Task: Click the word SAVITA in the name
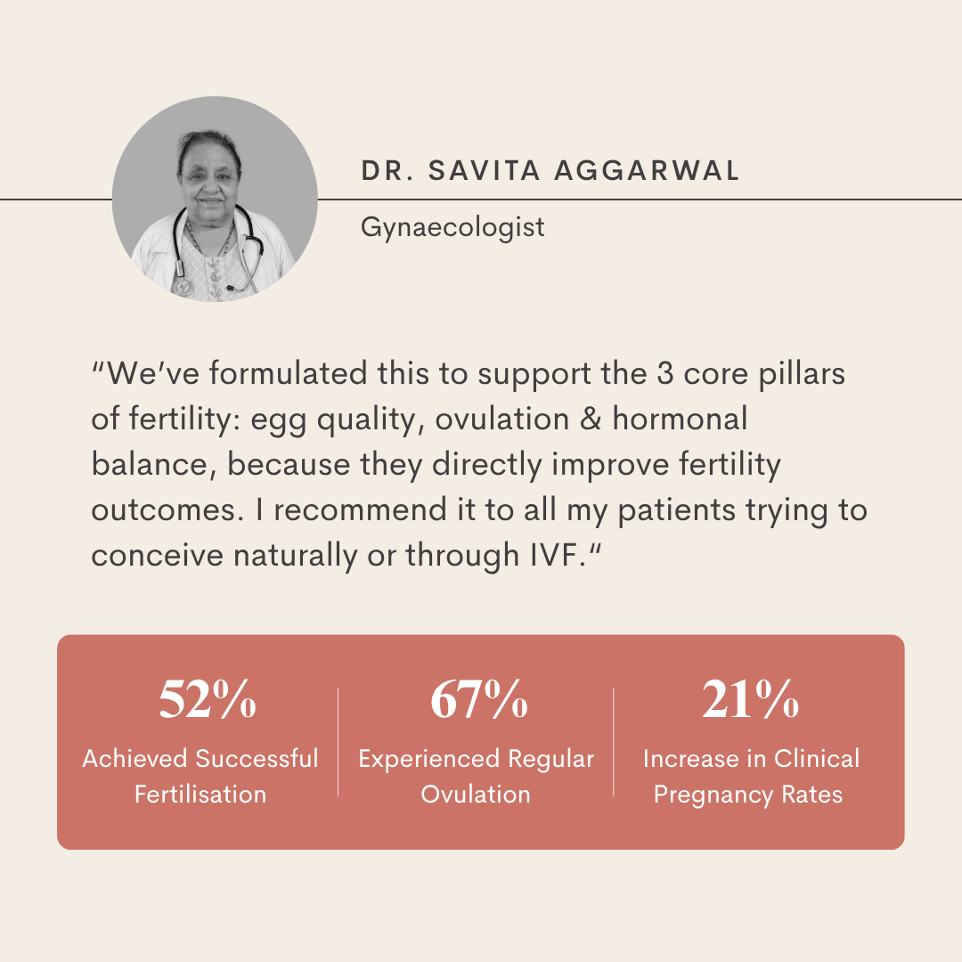point(484,170)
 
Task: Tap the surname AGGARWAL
point(647,170)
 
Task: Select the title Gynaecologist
point(452,228)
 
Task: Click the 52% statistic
point(208,699)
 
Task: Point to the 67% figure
point(478,699)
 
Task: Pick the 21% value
point(750,699)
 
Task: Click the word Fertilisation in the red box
point(200,795)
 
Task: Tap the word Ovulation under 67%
point(476,795)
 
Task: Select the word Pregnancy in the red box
point(713,795)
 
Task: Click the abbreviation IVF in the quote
point(555,555)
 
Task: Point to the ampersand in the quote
point(591,419)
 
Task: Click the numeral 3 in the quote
point(665,373)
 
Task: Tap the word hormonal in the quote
point(680,419)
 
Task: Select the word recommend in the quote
point(360,510)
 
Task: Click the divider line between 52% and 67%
point(338,742)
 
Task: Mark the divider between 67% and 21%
point(614,742)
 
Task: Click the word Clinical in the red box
point(817,759)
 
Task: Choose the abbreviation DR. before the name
point(387,170)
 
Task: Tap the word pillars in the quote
point(802,374)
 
